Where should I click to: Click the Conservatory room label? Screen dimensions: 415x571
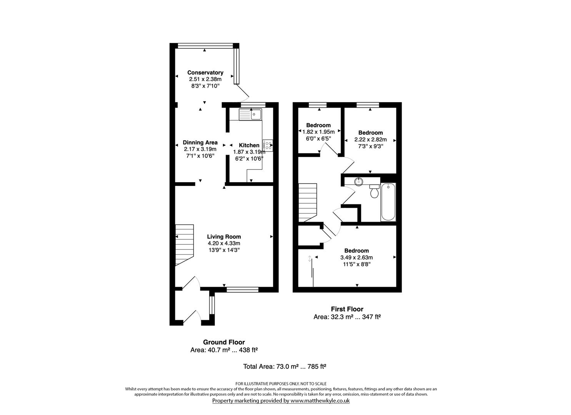205,73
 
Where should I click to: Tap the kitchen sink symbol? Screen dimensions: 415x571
250,114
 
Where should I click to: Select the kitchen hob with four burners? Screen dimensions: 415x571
268,145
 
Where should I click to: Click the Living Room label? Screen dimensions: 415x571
224,237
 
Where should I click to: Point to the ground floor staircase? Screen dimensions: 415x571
185,245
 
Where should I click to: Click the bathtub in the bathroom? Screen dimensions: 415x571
388,202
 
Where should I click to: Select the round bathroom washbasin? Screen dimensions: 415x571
359,181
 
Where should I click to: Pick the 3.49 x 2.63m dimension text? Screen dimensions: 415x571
356,257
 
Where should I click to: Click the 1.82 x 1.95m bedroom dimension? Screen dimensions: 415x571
318,132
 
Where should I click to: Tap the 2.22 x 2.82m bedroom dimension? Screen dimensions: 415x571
370,139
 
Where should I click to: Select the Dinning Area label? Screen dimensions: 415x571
200,143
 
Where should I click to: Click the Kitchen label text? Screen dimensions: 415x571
249,145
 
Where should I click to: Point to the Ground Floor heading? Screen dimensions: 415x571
224,342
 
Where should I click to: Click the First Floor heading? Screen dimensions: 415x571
347,309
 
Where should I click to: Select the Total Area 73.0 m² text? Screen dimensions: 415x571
285,367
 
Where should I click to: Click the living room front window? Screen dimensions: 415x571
242,290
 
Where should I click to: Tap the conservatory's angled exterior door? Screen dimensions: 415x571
243,91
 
